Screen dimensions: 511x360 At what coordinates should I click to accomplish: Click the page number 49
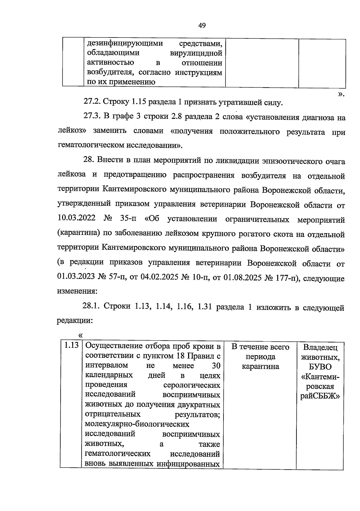(x=202, y=26)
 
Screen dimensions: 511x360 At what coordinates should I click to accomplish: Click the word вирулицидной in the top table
(x=196, y=53)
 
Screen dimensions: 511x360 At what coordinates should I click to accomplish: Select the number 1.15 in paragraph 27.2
(x=139, y=103)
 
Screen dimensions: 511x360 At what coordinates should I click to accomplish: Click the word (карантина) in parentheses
(x=76, y=233)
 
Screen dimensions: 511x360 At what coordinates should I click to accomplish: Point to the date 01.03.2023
(x=76, y=277)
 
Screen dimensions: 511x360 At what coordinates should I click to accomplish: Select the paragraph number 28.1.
(x=92, y=306)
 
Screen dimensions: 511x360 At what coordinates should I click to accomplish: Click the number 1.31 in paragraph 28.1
(x=205, y=306)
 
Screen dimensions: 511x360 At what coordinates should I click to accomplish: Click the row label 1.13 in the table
(x=71, y=346)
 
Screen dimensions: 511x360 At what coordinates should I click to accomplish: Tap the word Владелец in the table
(x=320, y=348)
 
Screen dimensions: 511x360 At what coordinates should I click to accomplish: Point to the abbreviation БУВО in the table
(x=320, y=367)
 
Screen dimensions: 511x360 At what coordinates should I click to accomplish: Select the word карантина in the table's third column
(x=260, y=367)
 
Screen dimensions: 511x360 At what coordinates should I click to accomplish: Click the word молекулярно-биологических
(x=137, y=424)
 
